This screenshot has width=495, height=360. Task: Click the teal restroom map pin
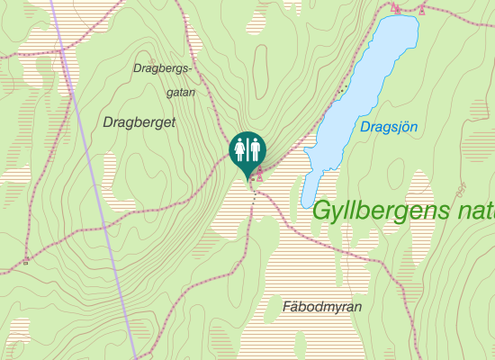(247, 149)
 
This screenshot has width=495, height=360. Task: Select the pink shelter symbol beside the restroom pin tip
(260, 174)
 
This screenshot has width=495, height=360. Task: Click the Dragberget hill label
(139, 121)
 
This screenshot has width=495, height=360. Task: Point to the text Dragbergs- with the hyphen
(163, 68)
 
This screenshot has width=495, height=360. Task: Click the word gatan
(181, 92)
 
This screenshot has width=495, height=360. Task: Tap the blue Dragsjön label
(389, 127)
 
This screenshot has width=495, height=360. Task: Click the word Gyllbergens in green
(382, 211)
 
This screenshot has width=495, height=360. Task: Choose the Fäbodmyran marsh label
(321, 307)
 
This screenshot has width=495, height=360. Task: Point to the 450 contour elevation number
(461, 189)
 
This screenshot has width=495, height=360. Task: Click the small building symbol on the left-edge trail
(26, 260)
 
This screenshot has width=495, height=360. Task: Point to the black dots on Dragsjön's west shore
(341, 88)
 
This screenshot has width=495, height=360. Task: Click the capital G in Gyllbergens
(322, 211)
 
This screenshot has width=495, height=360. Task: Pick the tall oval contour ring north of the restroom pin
(260, 67)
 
